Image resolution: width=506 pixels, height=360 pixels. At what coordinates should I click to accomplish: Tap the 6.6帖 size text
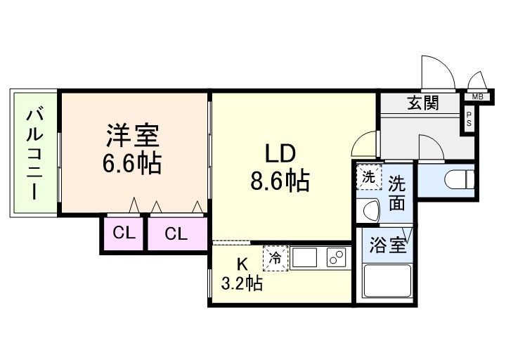click(134, 163)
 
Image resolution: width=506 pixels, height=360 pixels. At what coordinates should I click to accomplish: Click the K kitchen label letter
click(241, 265)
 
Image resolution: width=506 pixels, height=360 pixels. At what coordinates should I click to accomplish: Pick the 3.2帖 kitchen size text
click(242, 284)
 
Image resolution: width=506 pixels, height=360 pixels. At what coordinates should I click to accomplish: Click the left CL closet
click(124, 234)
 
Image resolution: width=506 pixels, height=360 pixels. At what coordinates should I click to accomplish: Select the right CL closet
click(176, 234)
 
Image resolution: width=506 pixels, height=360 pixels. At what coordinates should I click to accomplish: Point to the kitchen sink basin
click(306, 259)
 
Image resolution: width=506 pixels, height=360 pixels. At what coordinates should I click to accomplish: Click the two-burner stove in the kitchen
click(335, 259)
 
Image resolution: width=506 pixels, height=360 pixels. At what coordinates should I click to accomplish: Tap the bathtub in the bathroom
click(386, 283)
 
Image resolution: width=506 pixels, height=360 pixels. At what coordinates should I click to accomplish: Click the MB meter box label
click(477, 96)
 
